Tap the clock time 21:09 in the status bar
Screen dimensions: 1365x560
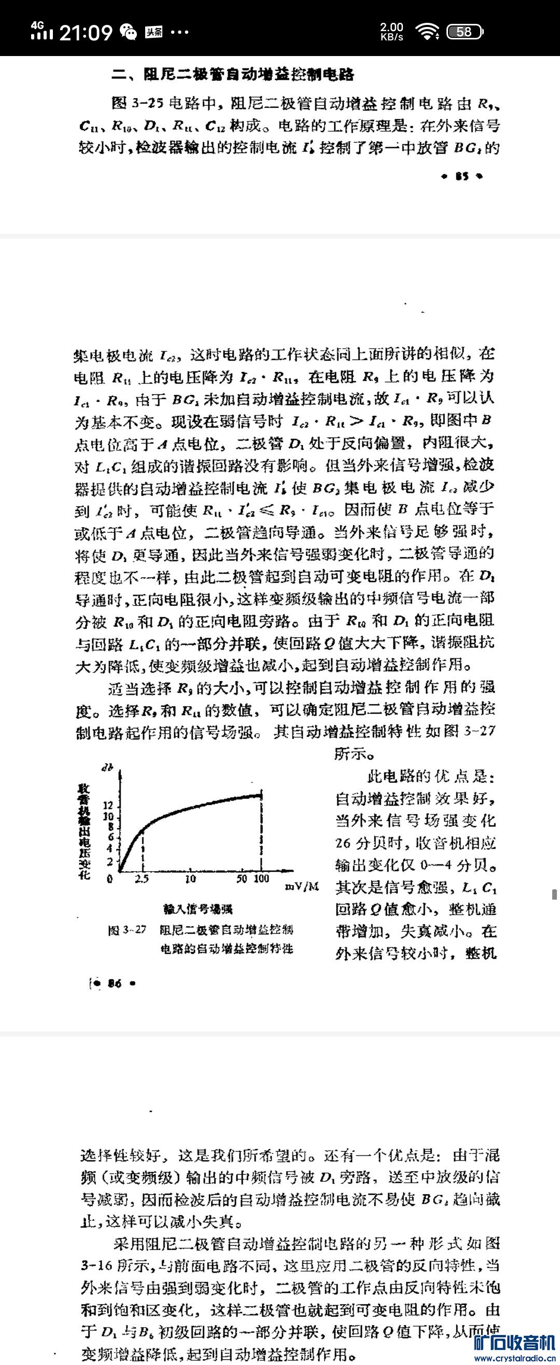(x=86, y=33)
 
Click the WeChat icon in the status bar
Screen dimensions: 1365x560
(x=128, y=32)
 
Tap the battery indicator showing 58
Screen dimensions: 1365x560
(x=464, y=32)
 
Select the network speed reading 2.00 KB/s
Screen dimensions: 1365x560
(x=391, y=32)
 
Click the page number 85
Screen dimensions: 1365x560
(x=462, y=176)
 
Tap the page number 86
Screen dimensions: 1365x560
(x=114, y=984)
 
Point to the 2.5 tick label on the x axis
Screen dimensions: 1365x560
(x=142, y=879)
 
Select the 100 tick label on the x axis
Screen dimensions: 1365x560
(x=261, y=878)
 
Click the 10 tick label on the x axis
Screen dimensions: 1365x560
(x=190, y=879)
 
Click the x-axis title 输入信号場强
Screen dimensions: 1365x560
(x=198, y=909)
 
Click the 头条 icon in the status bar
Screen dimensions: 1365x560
(x=154, y=32)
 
